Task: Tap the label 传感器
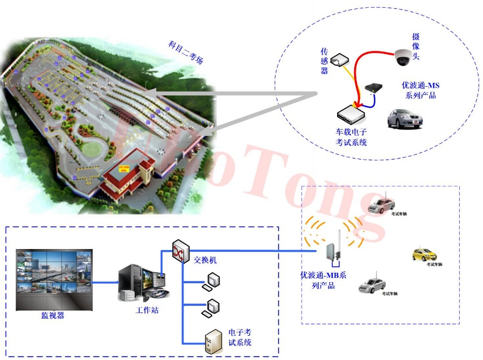(325, 61)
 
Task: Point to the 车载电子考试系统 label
(351, 137)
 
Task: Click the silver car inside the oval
(405, 119)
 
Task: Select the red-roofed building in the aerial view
(128, 176)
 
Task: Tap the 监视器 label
(53, 316)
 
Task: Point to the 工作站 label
(147, 310)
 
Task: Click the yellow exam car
(424, 254)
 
